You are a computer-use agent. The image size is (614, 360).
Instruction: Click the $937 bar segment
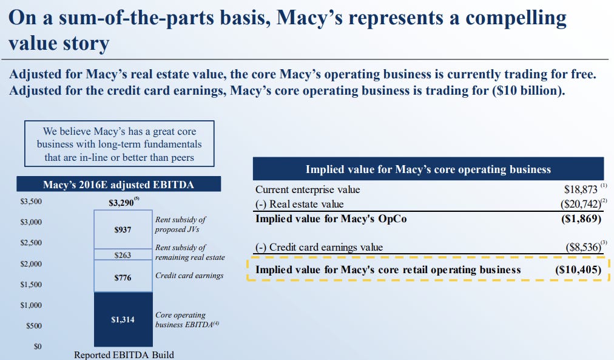[x=123, y=230]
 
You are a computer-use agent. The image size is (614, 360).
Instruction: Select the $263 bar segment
[x=123, y=255]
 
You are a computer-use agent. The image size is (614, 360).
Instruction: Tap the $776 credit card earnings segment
[x=123, y=277]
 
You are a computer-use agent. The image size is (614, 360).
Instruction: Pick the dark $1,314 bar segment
[x=123, y=319]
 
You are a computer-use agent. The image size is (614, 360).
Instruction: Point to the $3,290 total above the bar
[x=121, y=203]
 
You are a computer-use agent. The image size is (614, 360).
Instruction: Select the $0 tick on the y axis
[x=38, y=347]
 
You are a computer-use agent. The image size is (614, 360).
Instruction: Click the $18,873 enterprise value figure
[x=581, y=190]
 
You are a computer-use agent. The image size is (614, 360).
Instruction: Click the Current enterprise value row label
[x=308, y=190]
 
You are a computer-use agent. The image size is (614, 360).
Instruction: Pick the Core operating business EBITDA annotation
[x=180, y=319]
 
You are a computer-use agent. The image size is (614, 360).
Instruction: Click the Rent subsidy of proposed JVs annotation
[x=180, y=225]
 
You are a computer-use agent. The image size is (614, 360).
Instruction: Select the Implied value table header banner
[x=428, y=169]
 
